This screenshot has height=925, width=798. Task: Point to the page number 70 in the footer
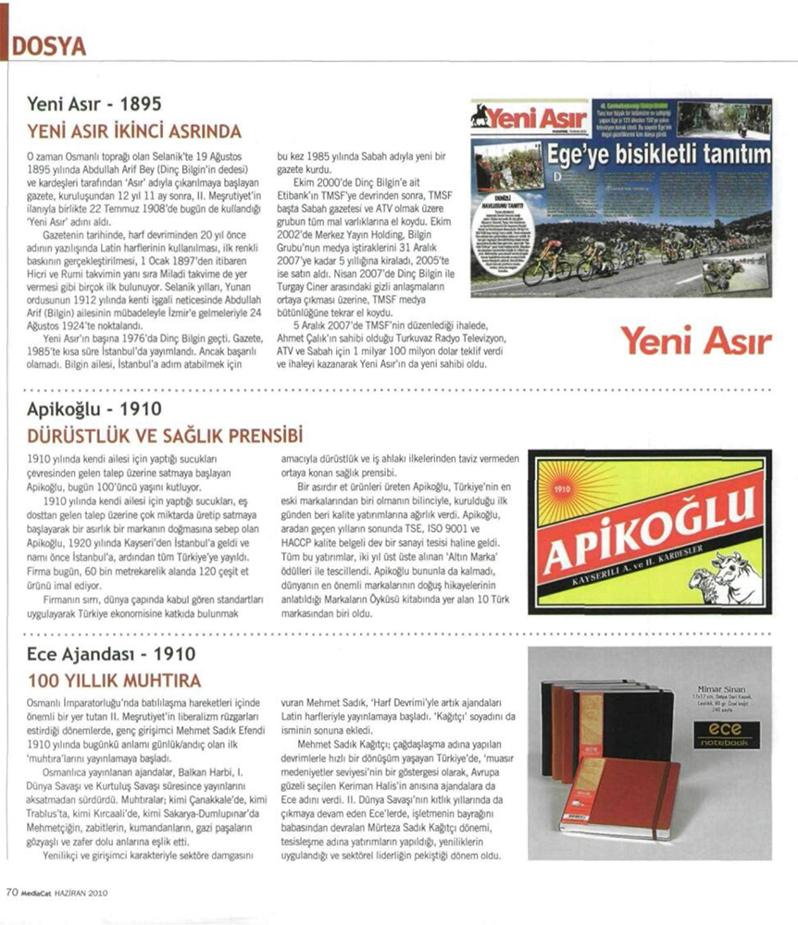pyautogui.click(x=12, y=893)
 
